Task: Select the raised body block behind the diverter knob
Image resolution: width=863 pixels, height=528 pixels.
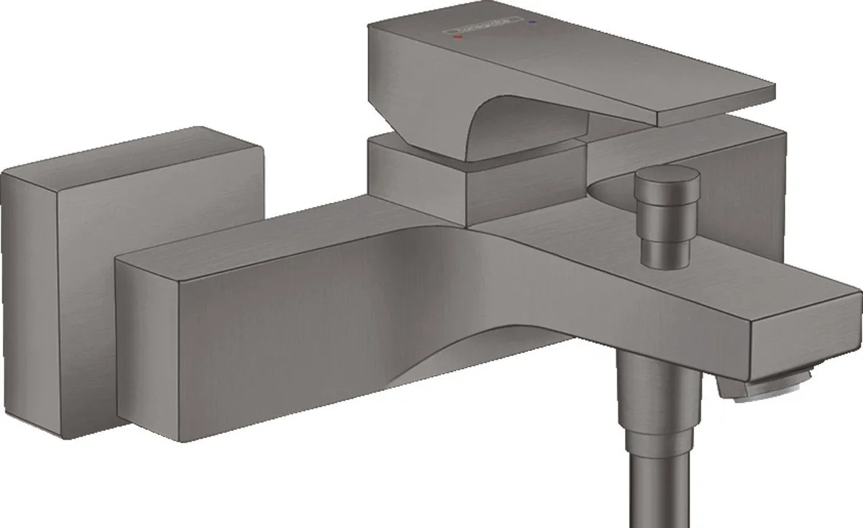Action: pyautogui.click(x=748, y=173)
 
